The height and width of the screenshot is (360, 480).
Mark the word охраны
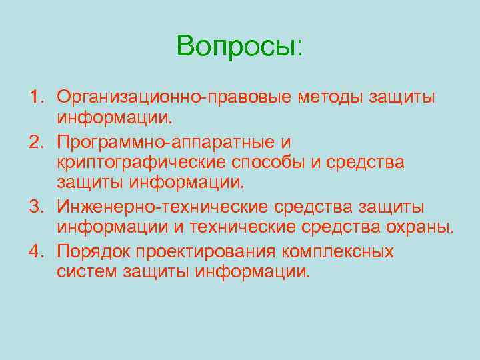tap(419, 229)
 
